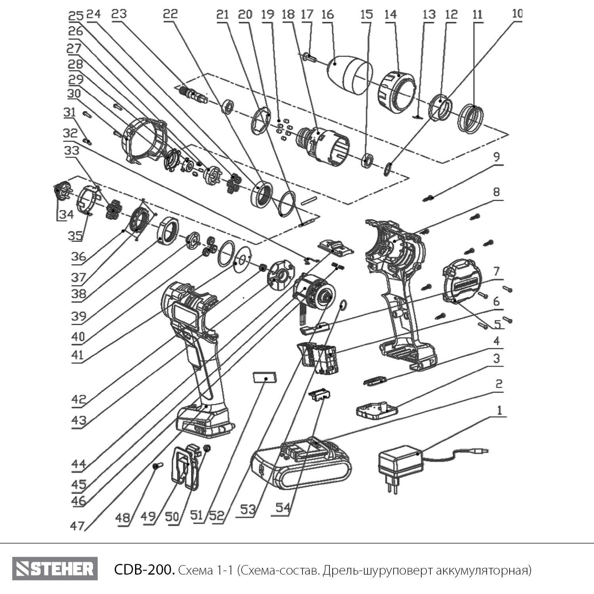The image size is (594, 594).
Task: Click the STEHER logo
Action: point(55,569)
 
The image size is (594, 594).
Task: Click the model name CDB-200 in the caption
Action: point(144,570)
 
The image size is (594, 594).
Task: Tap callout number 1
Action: point(499,410)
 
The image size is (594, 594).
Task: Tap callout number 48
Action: point(124,517)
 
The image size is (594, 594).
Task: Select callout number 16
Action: point(327,15)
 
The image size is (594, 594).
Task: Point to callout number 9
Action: point(496,157)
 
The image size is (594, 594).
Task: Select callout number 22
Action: point(171,14)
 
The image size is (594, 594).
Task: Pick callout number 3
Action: point(496,358)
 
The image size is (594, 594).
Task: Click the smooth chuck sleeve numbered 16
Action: point(350,75)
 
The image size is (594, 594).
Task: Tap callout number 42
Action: point(79,399)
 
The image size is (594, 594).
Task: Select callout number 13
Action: point(429,15)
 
